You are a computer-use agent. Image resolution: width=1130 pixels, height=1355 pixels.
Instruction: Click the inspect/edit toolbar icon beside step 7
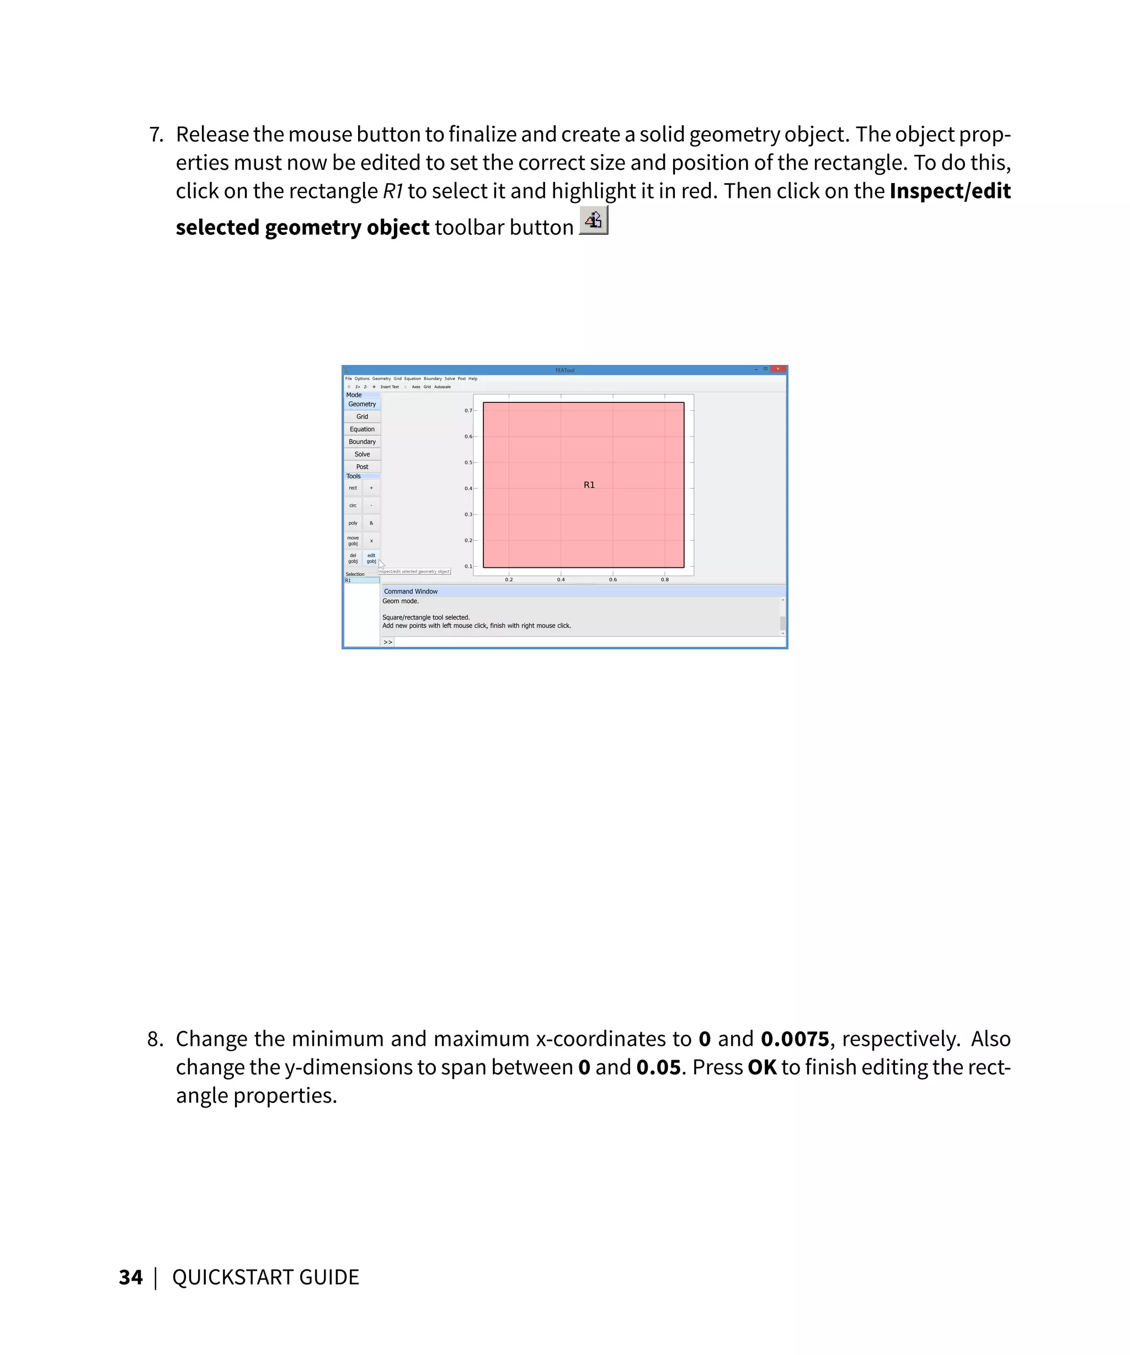click(x=593, y=221)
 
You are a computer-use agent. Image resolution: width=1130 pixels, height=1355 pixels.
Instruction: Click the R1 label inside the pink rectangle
click(x=589, y=485)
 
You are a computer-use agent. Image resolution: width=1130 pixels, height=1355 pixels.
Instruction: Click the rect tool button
click(x=353, y=488)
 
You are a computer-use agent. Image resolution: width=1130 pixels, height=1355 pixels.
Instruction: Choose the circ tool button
click(x=353, y=505)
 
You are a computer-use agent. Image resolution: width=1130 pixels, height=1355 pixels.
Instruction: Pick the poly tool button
click(x=353, y=523)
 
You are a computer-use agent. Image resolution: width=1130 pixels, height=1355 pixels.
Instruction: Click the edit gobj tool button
click(x=371, y=558)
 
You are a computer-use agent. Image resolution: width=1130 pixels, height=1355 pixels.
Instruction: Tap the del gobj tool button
click(x=353, y=558)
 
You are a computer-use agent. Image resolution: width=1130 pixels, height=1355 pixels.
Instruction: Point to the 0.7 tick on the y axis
click(x=468, y=410)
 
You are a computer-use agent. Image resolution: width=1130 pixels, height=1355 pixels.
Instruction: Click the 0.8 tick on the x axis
click(x=664, y=579)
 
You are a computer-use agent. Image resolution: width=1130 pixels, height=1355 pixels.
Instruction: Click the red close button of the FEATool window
click(x=778, y=369)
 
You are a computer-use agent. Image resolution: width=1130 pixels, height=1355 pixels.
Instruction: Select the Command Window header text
click(x=411, y=591)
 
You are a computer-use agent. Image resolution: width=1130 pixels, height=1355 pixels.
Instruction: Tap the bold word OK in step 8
click(x=762, y=1067)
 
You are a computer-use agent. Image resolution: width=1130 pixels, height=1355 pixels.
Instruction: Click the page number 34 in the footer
click(x=130, y=1277)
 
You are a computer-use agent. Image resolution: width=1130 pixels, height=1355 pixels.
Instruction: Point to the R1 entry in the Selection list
click(x=349, y=580)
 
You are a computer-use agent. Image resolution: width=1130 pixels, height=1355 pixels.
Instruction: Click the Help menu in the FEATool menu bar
click(x=473, y=379)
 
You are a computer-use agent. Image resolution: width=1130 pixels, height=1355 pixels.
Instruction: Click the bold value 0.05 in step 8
click(x=658, y=1067)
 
